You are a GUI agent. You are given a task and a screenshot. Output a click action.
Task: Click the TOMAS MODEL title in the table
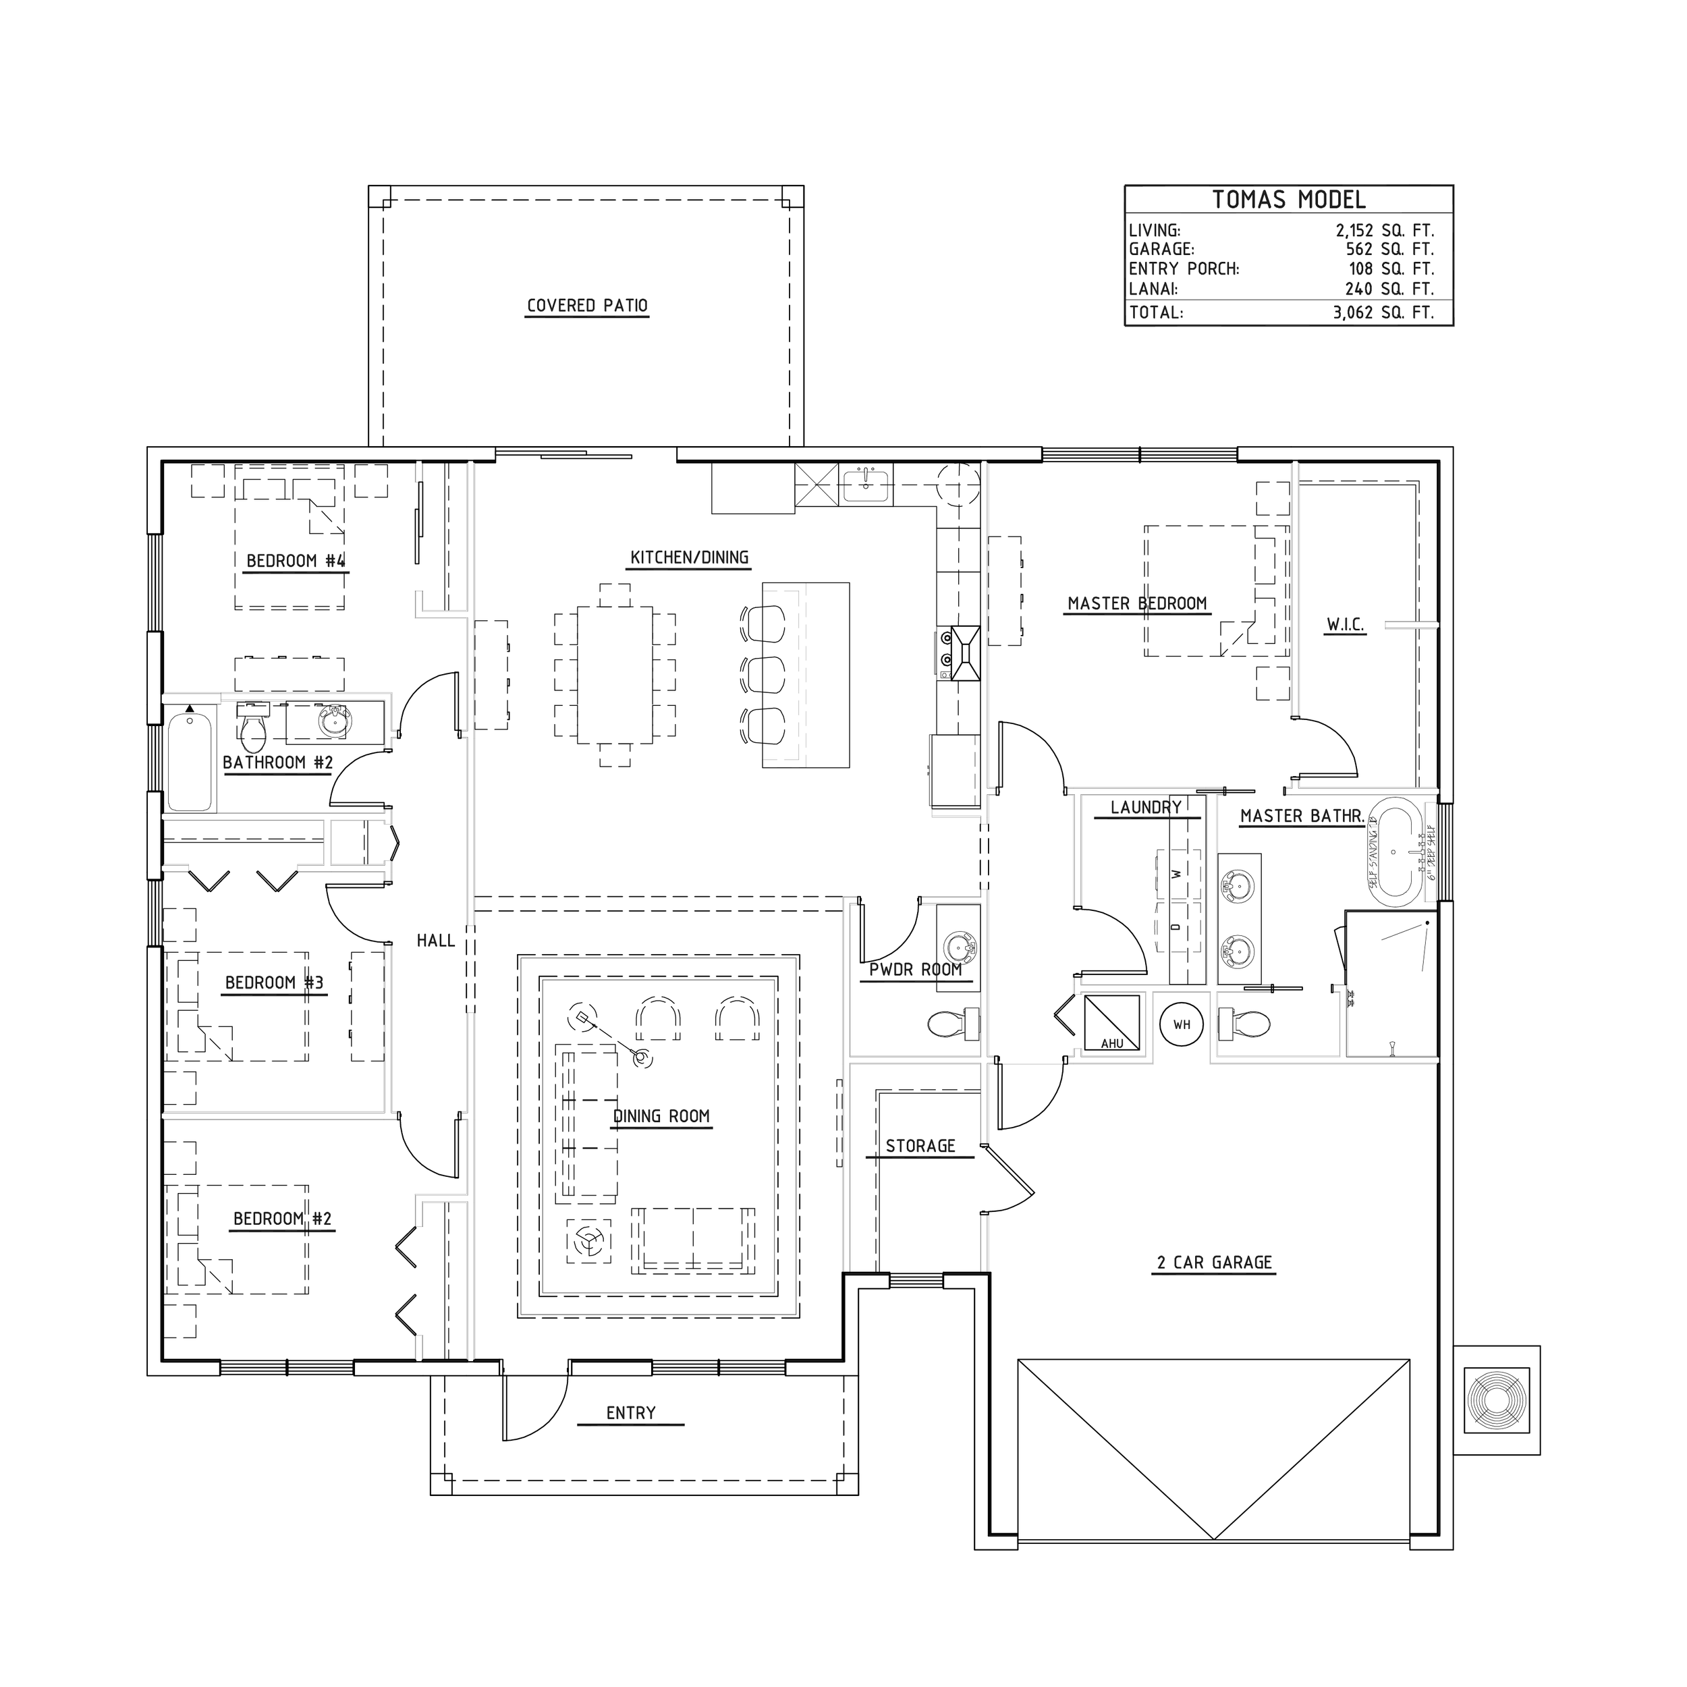[x=1288, y=200]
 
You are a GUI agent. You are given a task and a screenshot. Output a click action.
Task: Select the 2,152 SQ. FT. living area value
[x=1384, y=231]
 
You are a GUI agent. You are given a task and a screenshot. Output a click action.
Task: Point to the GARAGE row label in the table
[x=1161, y=250]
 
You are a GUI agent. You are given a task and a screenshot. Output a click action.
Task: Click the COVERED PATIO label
[x=587, y=306]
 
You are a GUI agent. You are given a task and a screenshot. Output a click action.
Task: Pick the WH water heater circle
[x=1182, y=1025]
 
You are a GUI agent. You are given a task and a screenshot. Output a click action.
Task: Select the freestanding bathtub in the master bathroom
[x=1395, y=850]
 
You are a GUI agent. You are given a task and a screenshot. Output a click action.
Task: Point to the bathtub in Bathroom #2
[x=190, y=761]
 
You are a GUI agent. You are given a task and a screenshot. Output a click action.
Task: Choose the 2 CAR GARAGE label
[x=1214, y=1262]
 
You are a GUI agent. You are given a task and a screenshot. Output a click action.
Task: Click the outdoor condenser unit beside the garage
[x=1496, y=1400]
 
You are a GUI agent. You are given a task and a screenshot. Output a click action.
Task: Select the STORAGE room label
[x=920, y=1146]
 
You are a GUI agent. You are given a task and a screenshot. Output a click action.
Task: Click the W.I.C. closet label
[x=1345, y=626]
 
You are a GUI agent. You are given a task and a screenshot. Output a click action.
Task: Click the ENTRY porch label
[x=630, y=1413]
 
